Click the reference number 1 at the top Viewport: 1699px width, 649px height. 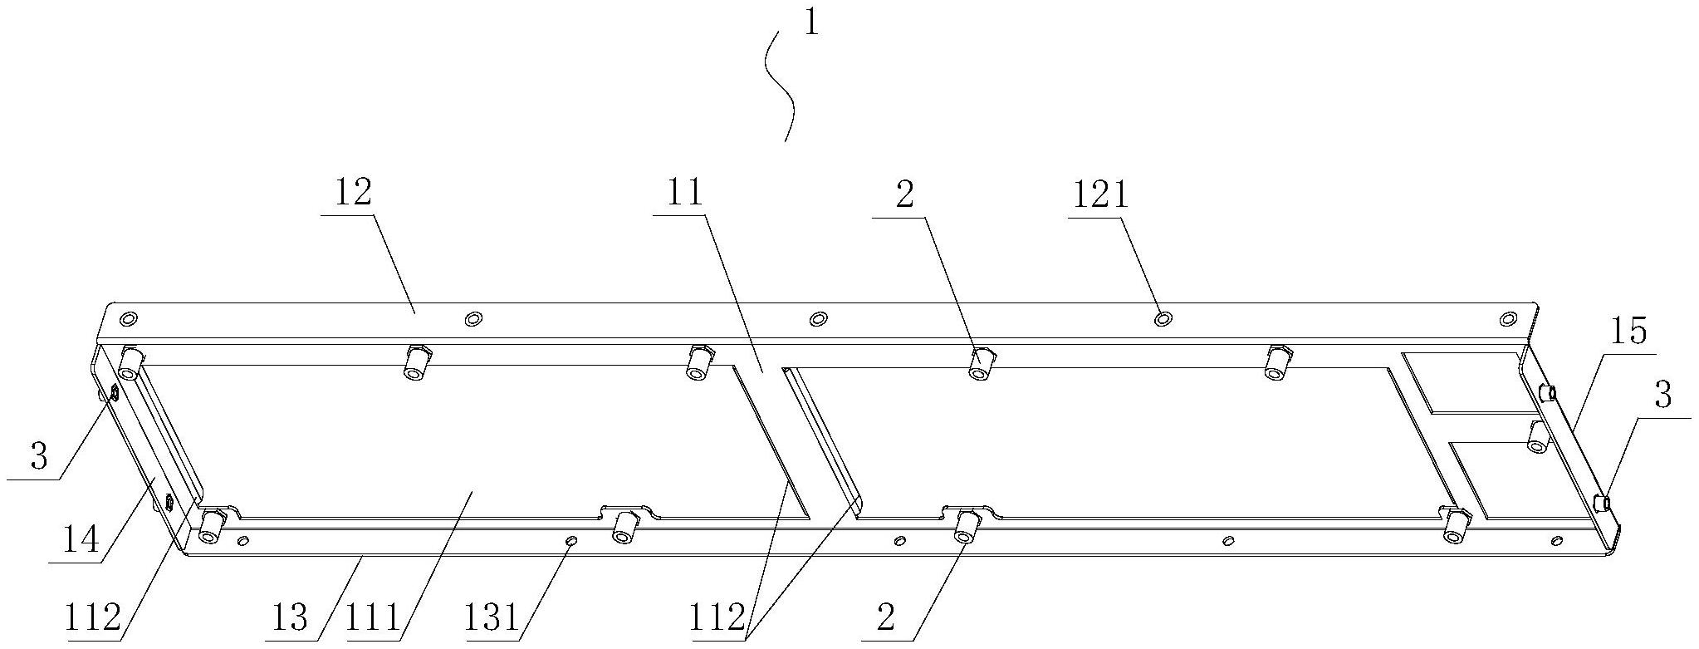pyautogui.click(x=810, y=22)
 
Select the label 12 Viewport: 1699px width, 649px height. pyautogui.click(x=352, y=193)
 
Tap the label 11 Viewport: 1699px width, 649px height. pyautogui.click(x=683, y=193)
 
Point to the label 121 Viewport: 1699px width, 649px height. pyautogui.click(x=1098, y=195)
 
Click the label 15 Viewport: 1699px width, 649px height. pyautogui.click(x=1628, y=332)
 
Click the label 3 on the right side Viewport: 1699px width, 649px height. pyautogui.click(x=1662, y=396)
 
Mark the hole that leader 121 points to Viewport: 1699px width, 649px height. pyautogui.click(x=1164, y=318)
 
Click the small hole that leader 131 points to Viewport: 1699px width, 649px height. pyautogui.click(x=570, y=542)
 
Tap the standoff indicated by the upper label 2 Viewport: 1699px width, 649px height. pyautogui.click(x=982, y=363)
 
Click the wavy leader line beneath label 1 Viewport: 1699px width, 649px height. pyautogui.click(x=781, y=83)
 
